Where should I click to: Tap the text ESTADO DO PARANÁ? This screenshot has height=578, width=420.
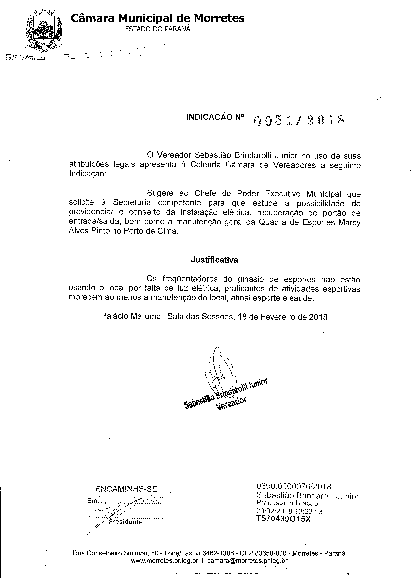(157, 29)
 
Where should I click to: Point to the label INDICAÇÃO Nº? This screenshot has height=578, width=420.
(215, 117)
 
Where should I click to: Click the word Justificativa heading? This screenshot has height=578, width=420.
(214, 260)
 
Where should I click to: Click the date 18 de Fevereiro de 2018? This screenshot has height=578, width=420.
(282, 317)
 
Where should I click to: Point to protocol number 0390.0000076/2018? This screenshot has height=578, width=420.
(294, 487)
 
